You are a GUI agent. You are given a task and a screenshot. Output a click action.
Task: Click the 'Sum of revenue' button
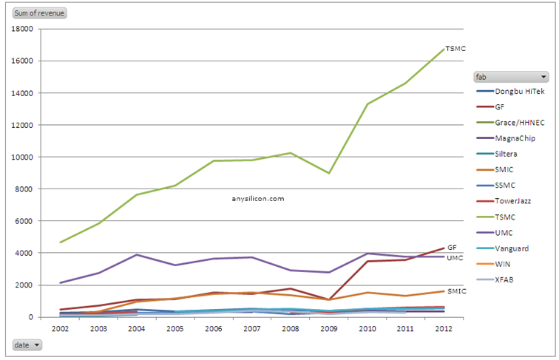point(39,13)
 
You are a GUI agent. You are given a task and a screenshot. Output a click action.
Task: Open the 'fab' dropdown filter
point(511,76)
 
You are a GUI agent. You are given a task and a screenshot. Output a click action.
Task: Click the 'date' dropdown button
point(28,344)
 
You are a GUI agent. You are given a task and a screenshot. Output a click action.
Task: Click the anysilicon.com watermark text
point(257,198)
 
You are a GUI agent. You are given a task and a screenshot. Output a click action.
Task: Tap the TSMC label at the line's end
point(455,49)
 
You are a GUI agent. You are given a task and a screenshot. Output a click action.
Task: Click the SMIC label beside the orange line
point(456,291)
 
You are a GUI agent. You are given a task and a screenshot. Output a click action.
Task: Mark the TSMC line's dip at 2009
point(328,173)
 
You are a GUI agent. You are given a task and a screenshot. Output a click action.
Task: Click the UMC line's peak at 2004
point(137,254)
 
